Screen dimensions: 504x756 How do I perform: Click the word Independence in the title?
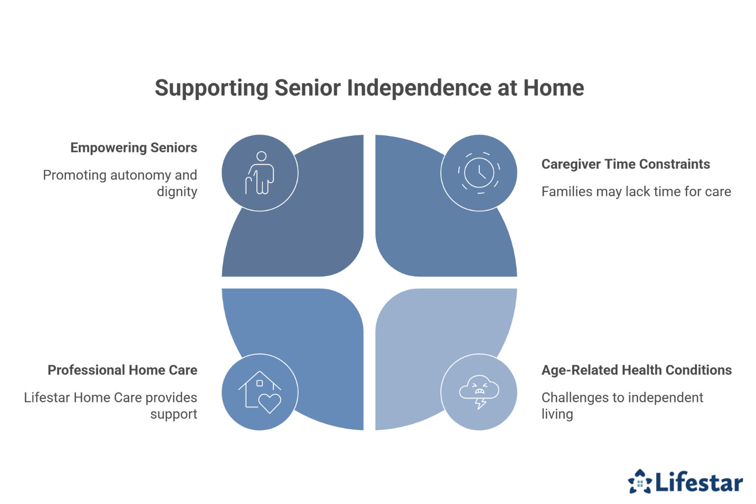tap(419, 88)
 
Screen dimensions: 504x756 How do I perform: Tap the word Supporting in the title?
tap(212, 88)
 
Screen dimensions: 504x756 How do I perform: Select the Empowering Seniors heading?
tap(133, 148)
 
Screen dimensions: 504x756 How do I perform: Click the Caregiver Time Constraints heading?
tap(626, 164)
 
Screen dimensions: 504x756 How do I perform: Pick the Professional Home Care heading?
tap(122, 370)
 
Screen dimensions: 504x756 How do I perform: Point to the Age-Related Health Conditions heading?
tap(636, 370)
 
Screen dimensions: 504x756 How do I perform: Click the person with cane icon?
tap(260, 173)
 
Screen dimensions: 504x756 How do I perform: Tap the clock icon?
tap(479, 173)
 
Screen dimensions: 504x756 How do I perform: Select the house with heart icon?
tap(260, 392)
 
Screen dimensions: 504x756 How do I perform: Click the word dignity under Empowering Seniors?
tap(177, 191)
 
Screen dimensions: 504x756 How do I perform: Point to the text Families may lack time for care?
tap(636, 191)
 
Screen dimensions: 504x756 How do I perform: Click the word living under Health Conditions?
tap(557, 414)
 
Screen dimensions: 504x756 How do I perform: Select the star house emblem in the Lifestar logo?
tap(640, 481)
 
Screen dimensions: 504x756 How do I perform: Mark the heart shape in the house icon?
tap(270, 403)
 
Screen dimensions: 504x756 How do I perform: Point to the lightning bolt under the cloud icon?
tap(480, 404)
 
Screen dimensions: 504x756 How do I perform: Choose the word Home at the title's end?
tap(553, 88)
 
